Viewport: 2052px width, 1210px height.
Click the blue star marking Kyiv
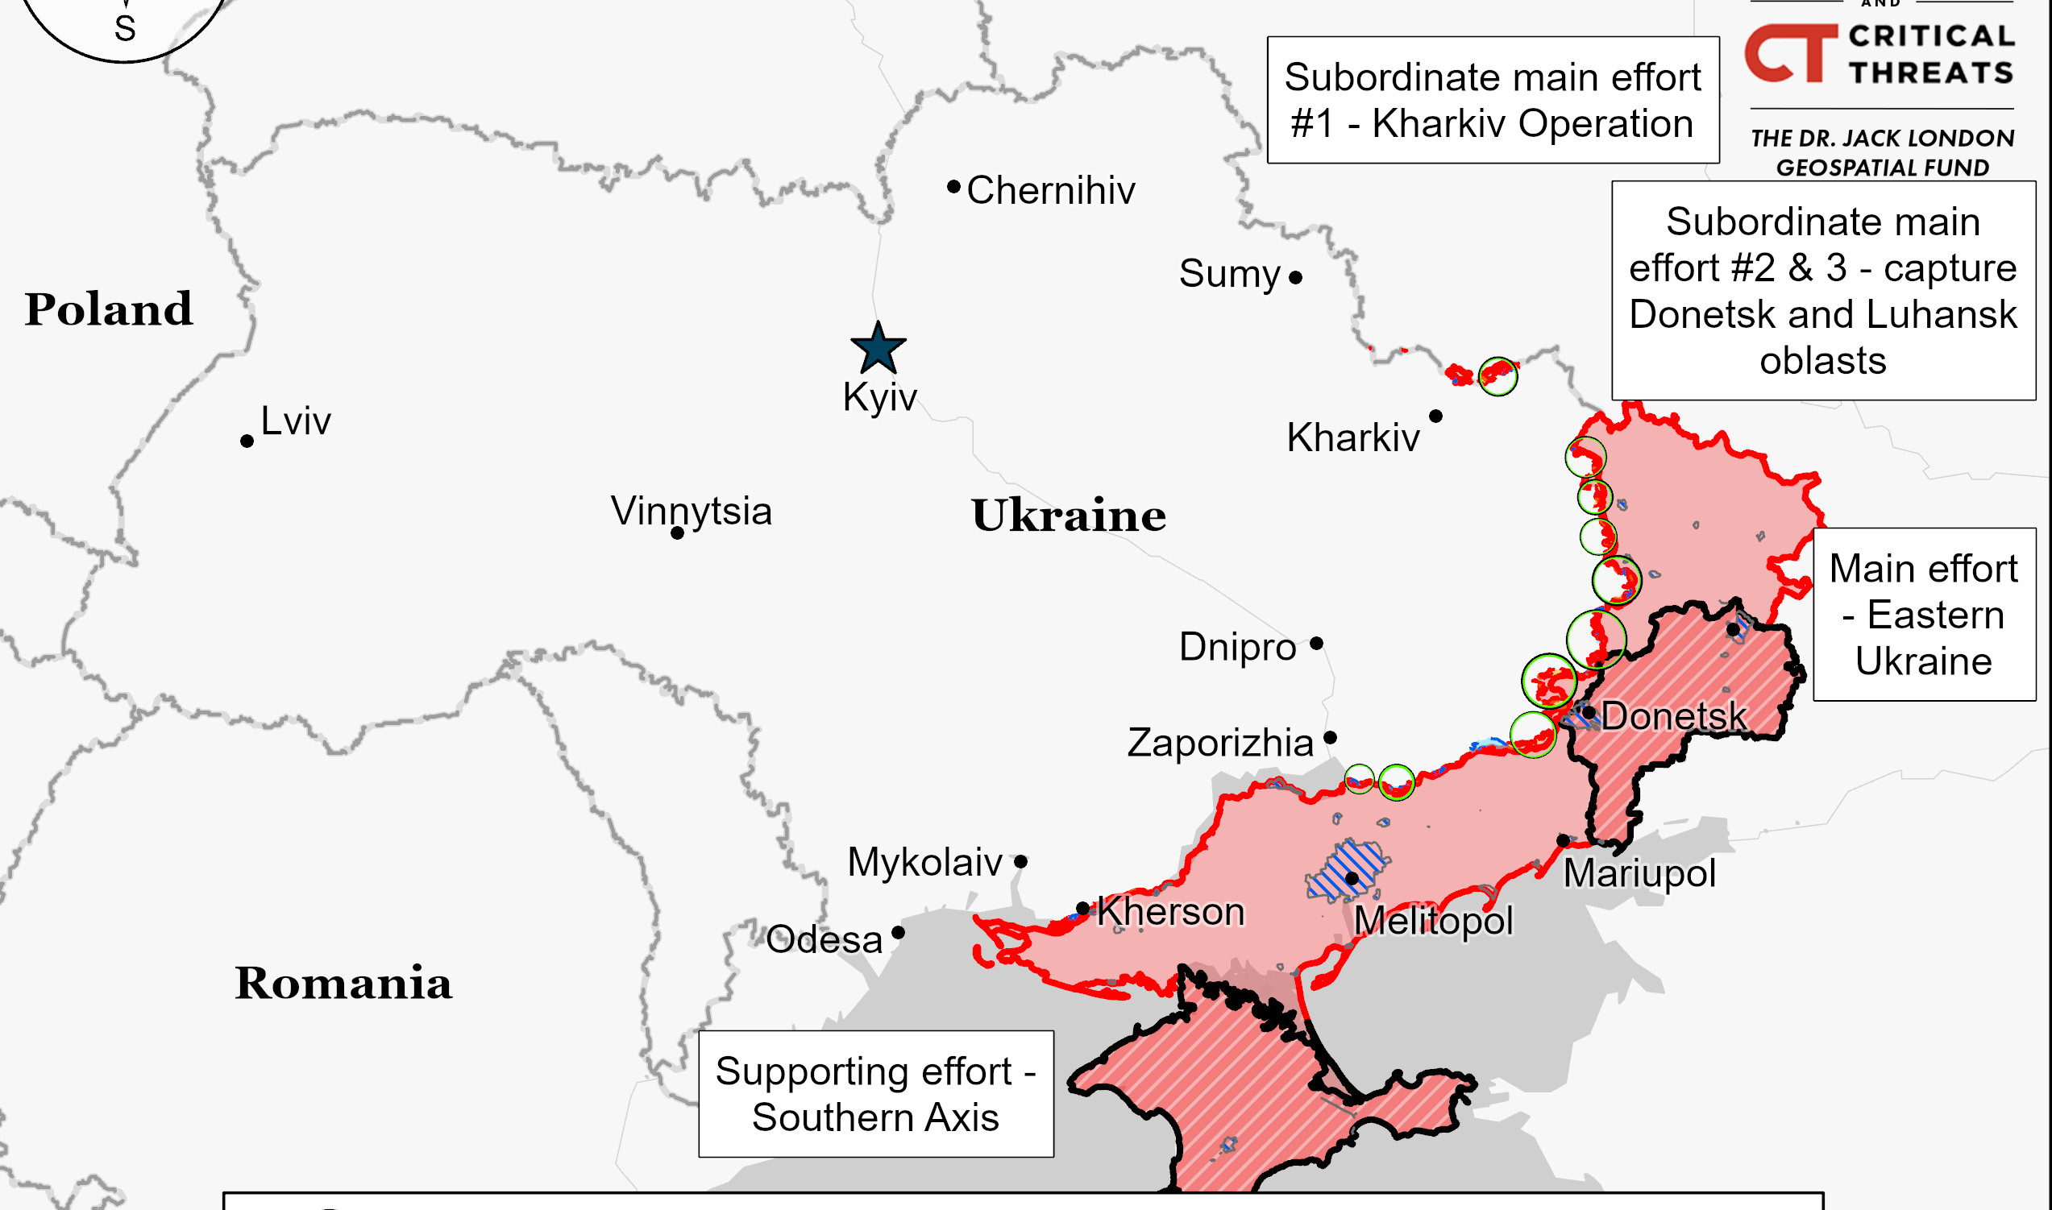pyautogui.click(x=878, y=349)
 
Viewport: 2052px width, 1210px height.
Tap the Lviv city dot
pyautogui.click(x=247, y=441)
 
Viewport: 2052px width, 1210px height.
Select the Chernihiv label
pyautogui.click(x=1050, y=191)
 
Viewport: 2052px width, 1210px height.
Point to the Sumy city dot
pyautogui.click(x=1295, y=278)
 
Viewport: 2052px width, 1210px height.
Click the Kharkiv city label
pyautogui.click(x=1352, y=438)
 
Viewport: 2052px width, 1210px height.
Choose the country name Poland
pyautogui.click(x=109, y=310)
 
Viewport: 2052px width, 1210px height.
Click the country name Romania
pyautogui.click(x=343, y=984)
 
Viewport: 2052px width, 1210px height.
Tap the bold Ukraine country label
pyautogui.click(x=1068, y=516)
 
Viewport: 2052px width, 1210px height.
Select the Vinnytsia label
pyautogui.click(x=691, y=512)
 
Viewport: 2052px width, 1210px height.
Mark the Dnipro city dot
pyautogui.click(x=1316, y=644)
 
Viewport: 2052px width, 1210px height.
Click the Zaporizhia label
pyautogui.click(x=1220, y=743)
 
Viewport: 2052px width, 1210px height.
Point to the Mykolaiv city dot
pyautogui.click(x=1020, y=862)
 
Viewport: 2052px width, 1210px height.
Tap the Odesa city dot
pyautogui.click(x=898, y=933)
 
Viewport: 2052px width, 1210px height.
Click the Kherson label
pyautogui.click(x=1170, y=912)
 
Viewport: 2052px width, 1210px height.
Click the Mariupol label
pyautogui.click(x=1639, y=873)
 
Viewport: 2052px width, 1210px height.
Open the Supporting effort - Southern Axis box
pyautogui.click(x=875, y=1093)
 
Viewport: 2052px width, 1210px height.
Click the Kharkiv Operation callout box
pyautogui.click(x=1492, y=100)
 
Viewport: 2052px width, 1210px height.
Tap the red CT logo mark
pyautogui.click(x=1789, y=54)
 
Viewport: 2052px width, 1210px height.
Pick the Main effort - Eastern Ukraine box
pyautogui.click(x=1923, y=614)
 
